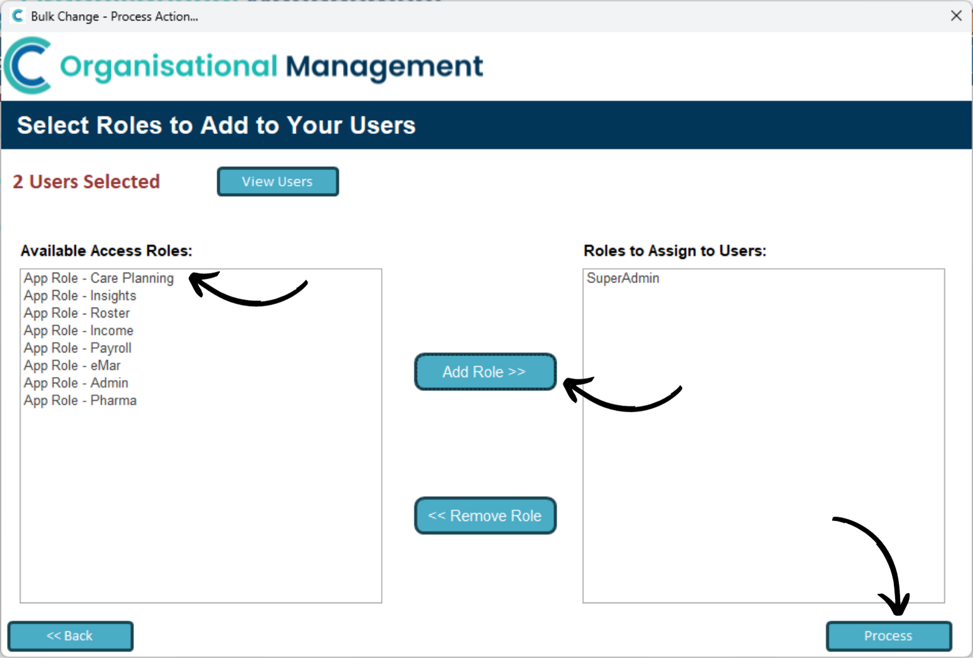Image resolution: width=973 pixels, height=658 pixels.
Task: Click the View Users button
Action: coord(278,181)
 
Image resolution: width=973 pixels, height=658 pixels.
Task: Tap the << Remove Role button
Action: coord(485,515)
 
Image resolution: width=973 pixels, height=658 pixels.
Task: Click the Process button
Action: coord(889,636)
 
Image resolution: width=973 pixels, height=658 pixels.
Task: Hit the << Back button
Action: coord(70,636)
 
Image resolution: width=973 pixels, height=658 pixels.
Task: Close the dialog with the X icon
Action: coord(956,16)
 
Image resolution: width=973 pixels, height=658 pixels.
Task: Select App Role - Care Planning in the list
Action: coord(98,278)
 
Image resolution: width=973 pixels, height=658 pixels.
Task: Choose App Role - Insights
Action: coord(80,295)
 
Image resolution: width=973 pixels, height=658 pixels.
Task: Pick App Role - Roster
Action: coord(77,313)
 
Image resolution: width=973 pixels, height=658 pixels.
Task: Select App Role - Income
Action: coord(78,330)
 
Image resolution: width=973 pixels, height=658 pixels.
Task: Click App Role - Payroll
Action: coord(78,348)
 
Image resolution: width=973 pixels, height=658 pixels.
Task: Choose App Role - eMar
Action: coord(72,366)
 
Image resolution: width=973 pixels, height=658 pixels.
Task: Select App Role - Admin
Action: coord(76,383)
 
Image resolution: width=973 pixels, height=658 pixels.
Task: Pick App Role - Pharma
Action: coord(80,400)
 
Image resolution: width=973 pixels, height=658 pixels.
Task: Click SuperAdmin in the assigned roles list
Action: coord(623,278)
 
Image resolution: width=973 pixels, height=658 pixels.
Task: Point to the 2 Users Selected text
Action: coord(86,182)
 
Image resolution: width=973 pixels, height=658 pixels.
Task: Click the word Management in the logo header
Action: coord(384,67)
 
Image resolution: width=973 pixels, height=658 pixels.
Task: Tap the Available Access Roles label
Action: coord(107,250)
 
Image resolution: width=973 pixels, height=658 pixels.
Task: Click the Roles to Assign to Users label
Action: coord(675,250)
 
